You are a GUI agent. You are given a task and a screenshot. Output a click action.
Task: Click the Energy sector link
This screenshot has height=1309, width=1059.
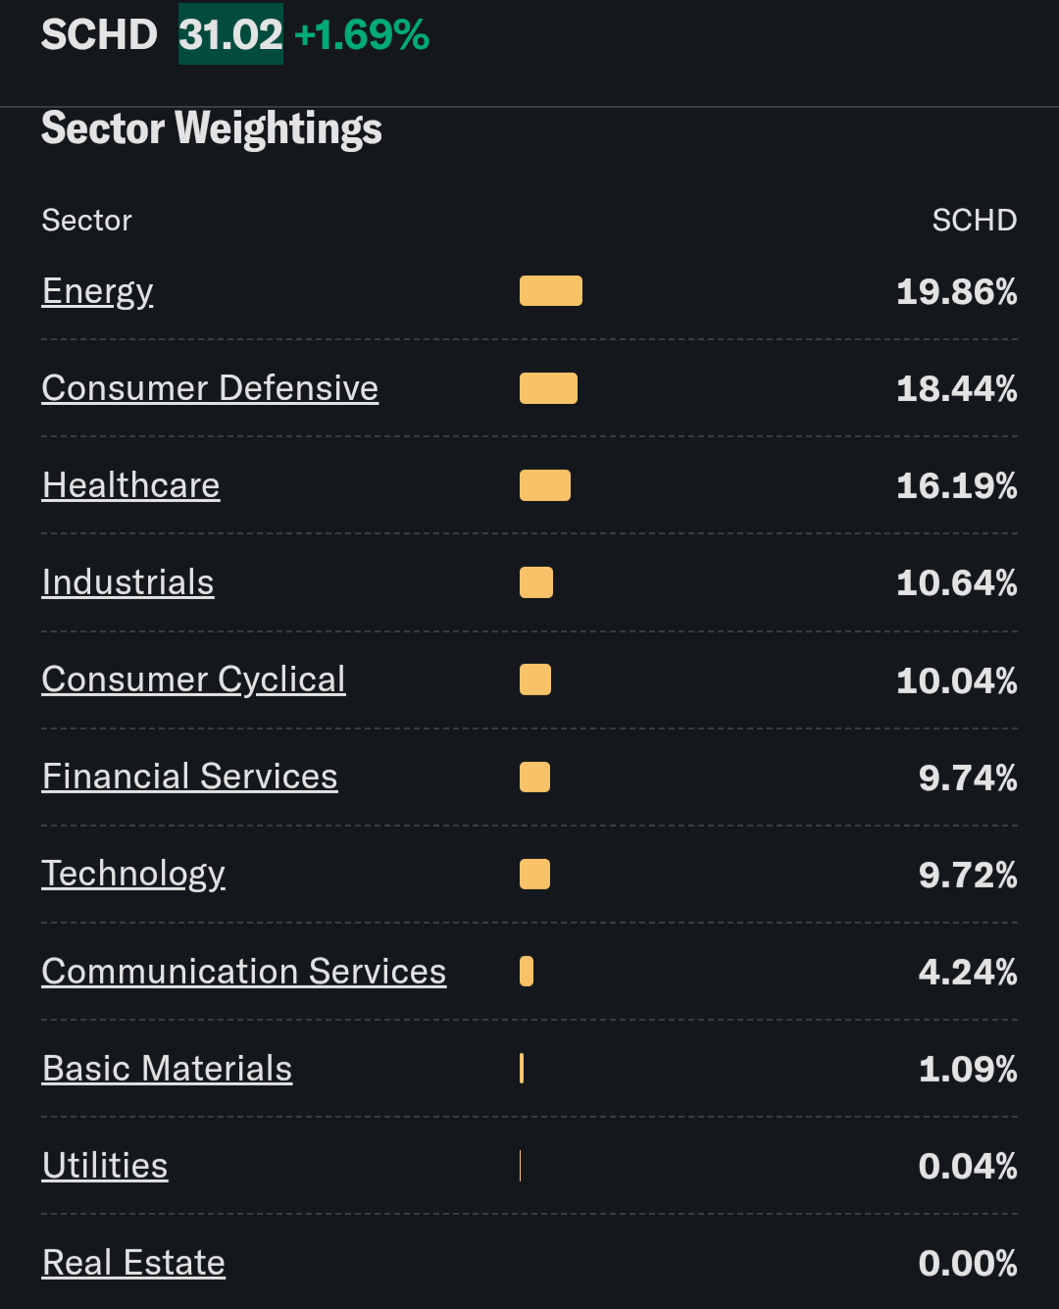click(x=97, y=291)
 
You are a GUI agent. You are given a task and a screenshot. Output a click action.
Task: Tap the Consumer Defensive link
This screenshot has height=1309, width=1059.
click(x=210, y=388)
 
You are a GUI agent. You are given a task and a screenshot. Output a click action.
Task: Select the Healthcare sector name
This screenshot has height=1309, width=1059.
click(x=130, y=485)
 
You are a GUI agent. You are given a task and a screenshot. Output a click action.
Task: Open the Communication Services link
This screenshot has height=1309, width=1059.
click(x=243, y=971)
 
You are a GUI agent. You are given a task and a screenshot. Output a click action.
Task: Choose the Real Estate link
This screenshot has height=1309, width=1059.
click(x=133, y=1262)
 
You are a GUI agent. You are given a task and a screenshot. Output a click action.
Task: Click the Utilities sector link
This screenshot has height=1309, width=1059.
click(x=105, y=1165)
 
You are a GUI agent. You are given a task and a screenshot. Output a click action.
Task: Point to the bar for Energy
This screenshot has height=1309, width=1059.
click(x=550, y=291)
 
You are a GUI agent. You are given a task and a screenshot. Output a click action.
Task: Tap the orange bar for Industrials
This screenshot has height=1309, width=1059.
click(x=535, y=582)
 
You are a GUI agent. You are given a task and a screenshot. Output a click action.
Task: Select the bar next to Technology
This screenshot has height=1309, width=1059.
click(x=534, y=874)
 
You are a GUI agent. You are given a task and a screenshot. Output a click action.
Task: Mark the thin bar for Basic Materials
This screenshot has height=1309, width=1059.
click(x=522, y=1068)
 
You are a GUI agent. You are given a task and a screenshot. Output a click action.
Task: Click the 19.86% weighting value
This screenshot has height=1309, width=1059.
click(x=956, y=291)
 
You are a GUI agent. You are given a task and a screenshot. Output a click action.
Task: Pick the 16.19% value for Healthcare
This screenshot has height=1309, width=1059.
click(x=956, y=485)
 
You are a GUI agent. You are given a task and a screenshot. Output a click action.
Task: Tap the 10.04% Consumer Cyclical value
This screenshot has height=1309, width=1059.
click(x=956, y=680)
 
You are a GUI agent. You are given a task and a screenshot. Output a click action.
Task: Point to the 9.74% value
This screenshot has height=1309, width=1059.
click(x=967, y=777)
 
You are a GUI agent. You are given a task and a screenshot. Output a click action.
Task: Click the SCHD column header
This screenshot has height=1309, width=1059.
click(x=974, y=220)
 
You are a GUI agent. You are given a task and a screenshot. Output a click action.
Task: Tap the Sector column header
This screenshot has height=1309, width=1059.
click(x=86, y=220)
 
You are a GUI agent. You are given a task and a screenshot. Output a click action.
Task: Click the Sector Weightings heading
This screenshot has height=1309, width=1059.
click(x=212, y=128)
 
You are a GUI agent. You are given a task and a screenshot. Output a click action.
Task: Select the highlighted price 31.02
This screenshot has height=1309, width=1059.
click(x=230, y=34)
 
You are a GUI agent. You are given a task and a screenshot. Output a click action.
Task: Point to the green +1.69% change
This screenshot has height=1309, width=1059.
click(x=362, y=34)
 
